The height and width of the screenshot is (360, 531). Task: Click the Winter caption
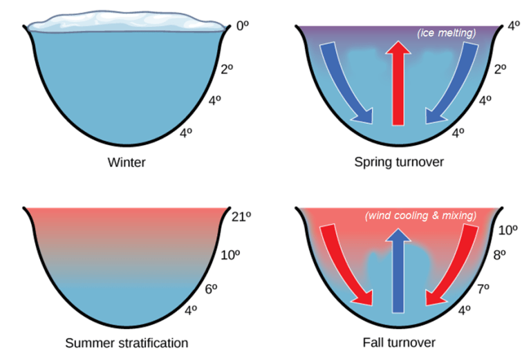[127, 163]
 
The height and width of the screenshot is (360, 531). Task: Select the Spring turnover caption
[398, 163]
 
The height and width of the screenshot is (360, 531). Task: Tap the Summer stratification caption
[127, 343]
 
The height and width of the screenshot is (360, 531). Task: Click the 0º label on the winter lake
[242, 26]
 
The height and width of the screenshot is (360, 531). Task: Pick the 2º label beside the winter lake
[227, 68]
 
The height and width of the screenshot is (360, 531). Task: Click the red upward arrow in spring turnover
[398, 83]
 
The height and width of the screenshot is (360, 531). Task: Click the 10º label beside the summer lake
[230, 255]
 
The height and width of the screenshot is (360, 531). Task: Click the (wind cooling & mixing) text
[421, 216]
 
